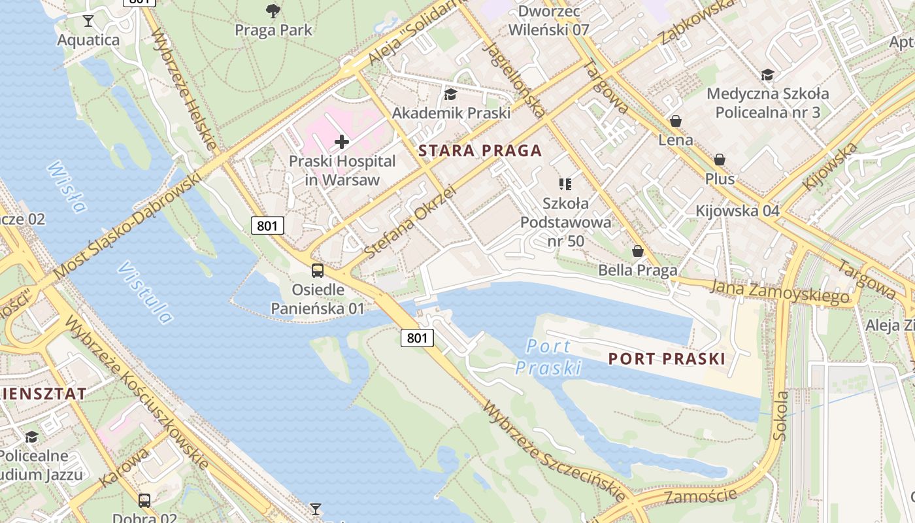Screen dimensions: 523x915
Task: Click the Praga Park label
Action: tap(273, 30)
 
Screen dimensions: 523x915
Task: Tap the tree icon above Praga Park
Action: tap(273, 10)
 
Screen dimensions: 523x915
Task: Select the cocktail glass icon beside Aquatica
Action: tap(88, 21)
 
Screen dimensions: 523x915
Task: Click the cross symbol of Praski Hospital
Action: tap(342, 141)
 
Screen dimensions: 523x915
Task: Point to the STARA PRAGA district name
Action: tap(480, 151)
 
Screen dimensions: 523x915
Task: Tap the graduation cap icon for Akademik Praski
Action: tap(450, 94)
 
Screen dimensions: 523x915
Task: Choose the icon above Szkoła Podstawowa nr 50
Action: tap(565, 184)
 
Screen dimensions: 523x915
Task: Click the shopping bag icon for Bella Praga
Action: tap(638, 251)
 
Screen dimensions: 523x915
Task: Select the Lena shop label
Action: tap(675, 140)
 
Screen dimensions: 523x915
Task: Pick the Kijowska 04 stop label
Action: tap(737, 211)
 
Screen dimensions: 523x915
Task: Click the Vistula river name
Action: tap(146, 294)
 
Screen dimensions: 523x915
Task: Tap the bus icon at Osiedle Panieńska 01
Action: tap(318, 270)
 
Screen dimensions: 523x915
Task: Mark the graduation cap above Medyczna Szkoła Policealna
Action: tap(767, 75)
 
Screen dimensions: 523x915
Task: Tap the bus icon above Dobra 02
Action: tap(144, 501)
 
